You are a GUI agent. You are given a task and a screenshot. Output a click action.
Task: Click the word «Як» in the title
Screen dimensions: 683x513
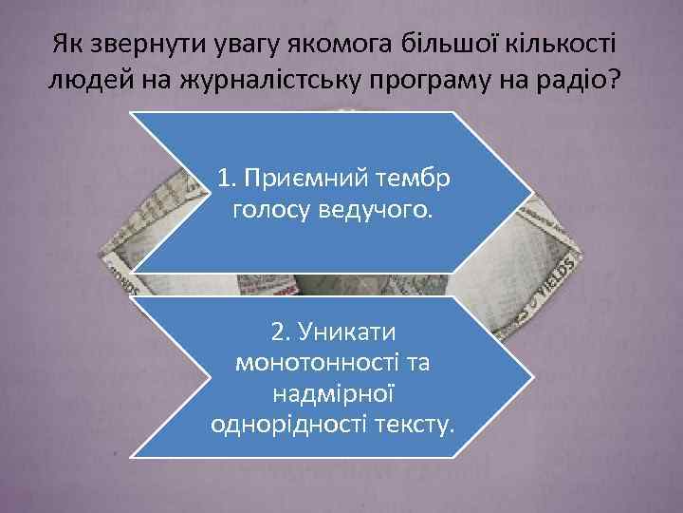(x=66, y=44)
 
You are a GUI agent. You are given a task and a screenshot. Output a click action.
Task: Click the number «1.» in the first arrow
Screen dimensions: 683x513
(x=226, y=178)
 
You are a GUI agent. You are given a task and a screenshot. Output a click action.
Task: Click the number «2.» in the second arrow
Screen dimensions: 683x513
(x=283, y=332)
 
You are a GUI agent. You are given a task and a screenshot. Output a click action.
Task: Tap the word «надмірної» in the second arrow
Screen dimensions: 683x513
(x=333, y=391)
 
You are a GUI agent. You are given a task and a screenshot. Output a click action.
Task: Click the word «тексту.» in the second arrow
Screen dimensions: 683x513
(x=415, y=421)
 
